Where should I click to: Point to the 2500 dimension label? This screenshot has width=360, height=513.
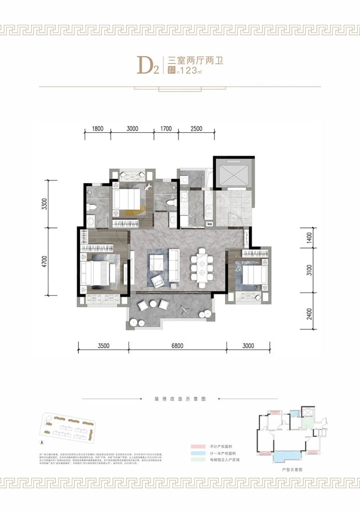click(196, 128)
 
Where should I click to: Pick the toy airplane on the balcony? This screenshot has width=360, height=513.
click(185, 310)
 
